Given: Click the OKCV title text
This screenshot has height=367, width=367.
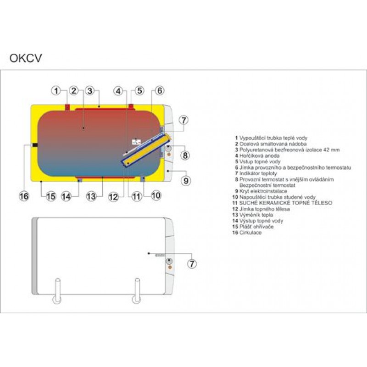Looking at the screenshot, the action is (26, 58).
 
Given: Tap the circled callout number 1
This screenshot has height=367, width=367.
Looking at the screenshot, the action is (56, 90).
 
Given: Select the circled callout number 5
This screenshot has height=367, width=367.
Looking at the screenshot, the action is (139, 90).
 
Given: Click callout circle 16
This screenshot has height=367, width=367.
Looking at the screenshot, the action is (24, 196).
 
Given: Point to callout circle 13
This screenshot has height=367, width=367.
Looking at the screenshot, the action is (91, 196).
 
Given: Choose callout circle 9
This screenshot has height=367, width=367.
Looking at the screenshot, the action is (186, 181).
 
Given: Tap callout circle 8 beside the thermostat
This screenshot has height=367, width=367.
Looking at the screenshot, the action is (185, 156).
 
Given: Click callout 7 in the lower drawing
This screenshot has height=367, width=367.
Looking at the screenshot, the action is (192, 264).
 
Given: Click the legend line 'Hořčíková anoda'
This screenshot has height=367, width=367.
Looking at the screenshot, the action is (257, 156).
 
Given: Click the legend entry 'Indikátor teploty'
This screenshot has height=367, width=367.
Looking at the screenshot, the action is (256, 173).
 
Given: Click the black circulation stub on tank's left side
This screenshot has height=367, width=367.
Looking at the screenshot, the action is (35, 145).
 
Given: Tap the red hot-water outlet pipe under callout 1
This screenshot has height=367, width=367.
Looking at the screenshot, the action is (67, 107).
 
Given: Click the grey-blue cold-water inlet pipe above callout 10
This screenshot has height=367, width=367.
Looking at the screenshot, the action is (143, 179).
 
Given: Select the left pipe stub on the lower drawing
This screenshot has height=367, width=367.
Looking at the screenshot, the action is (57, 291).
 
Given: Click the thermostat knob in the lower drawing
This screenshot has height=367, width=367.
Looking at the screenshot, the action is (169, 261).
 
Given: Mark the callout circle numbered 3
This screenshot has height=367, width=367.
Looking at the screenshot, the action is (90, 90).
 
